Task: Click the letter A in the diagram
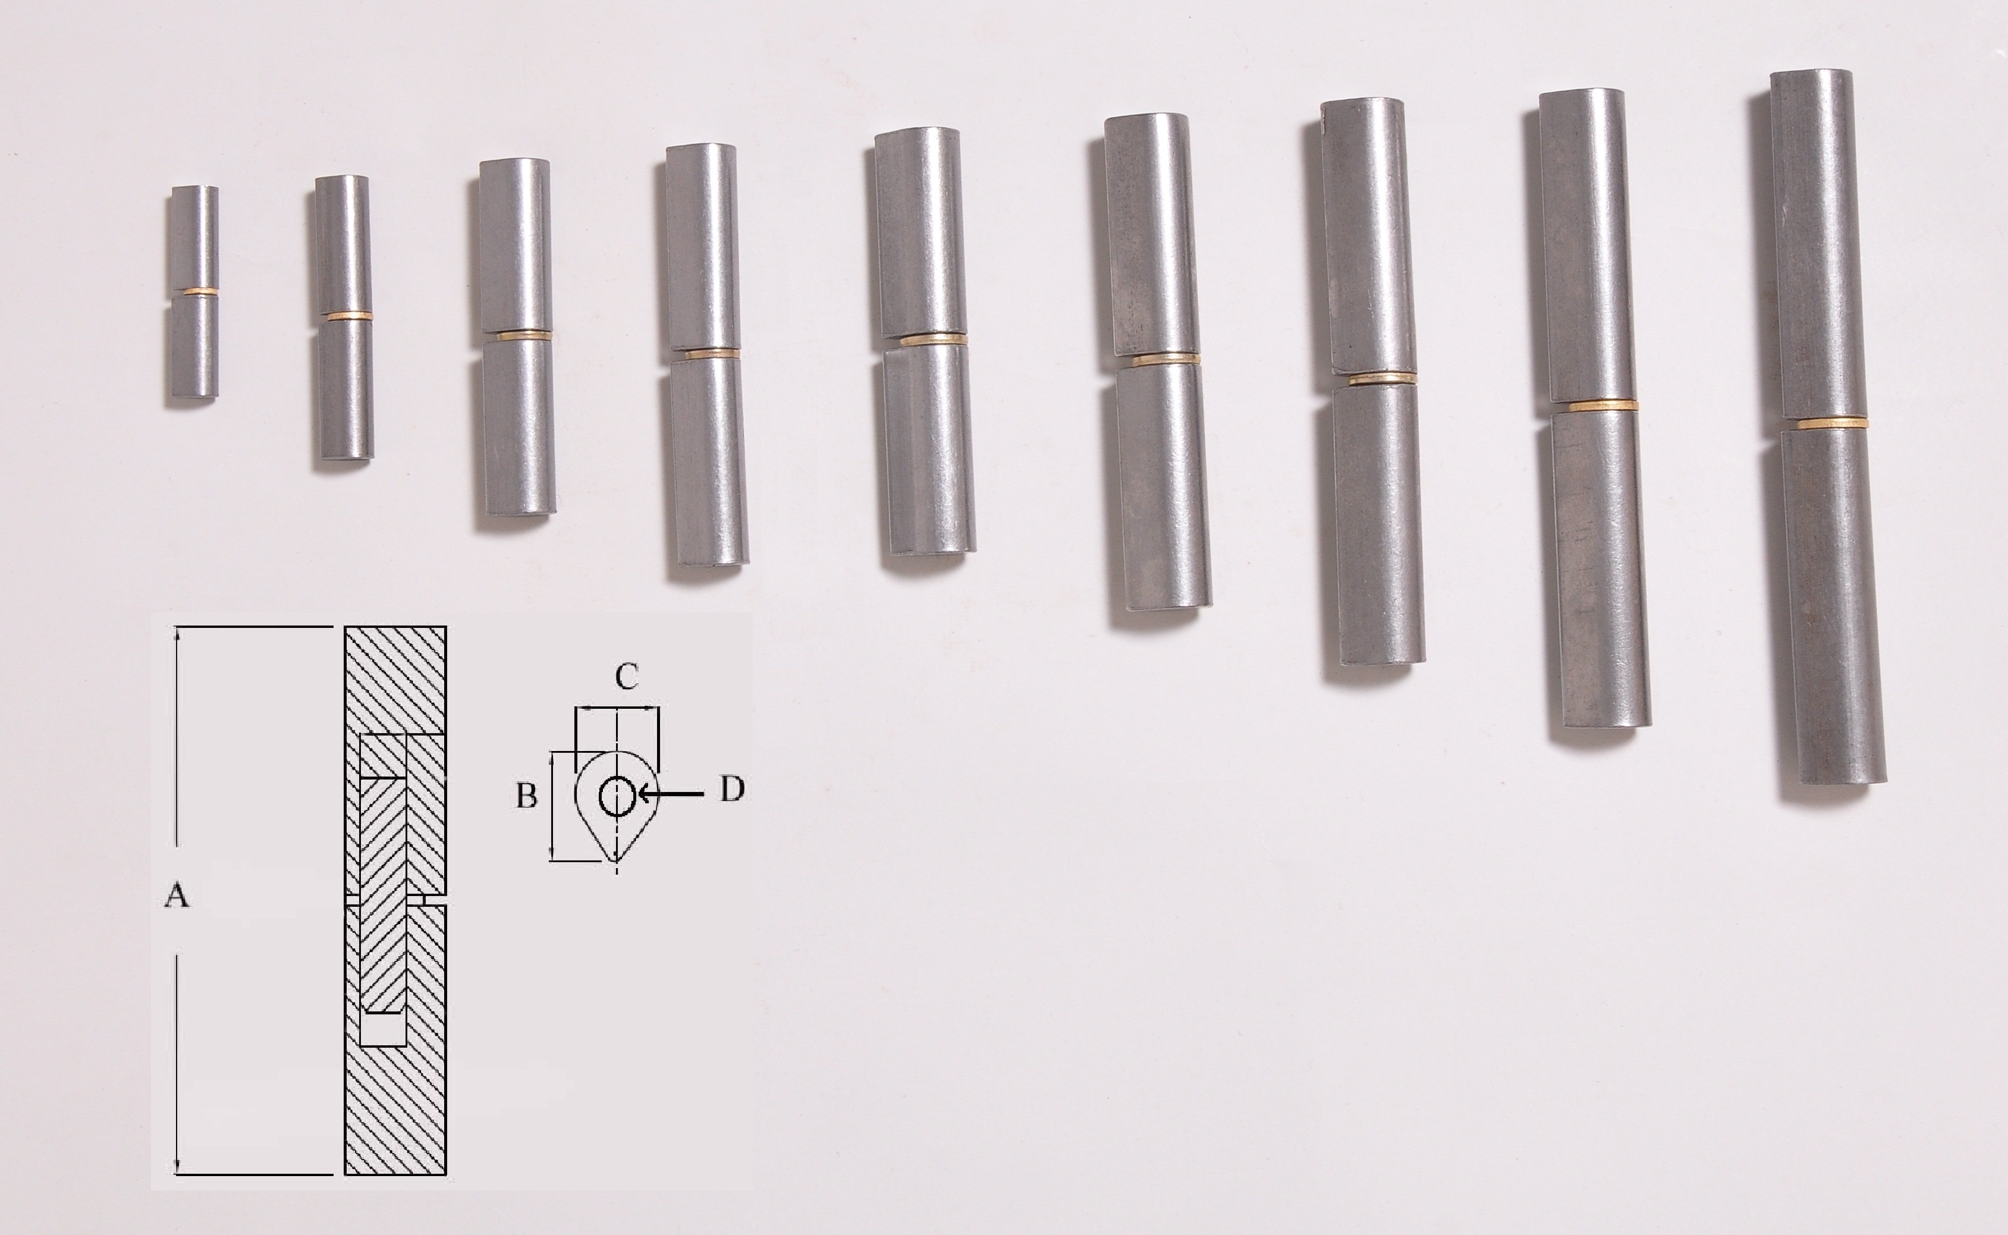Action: (177, 896)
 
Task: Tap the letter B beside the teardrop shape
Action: (527, 796)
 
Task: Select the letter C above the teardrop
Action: (626, 676)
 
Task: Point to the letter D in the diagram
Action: (731, 789)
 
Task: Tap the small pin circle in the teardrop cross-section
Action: (617, 796)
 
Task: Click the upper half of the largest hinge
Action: (1818, 245)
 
